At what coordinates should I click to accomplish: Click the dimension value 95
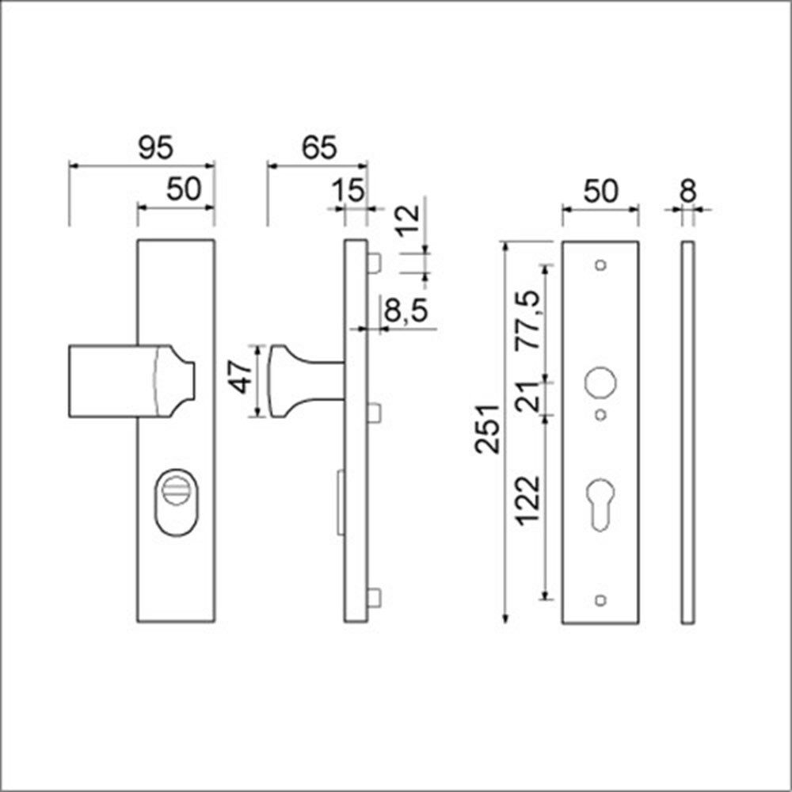(154, 148)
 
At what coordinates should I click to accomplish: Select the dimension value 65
(319, 148)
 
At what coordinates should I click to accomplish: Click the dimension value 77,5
(527, 320)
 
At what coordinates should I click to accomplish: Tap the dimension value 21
(527, 394)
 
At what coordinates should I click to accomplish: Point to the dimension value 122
(527, 500)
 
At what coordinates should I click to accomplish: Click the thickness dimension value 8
(687, 191)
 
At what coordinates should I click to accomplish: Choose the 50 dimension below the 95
(184, 191)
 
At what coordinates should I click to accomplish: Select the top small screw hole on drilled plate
(600, 265)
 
